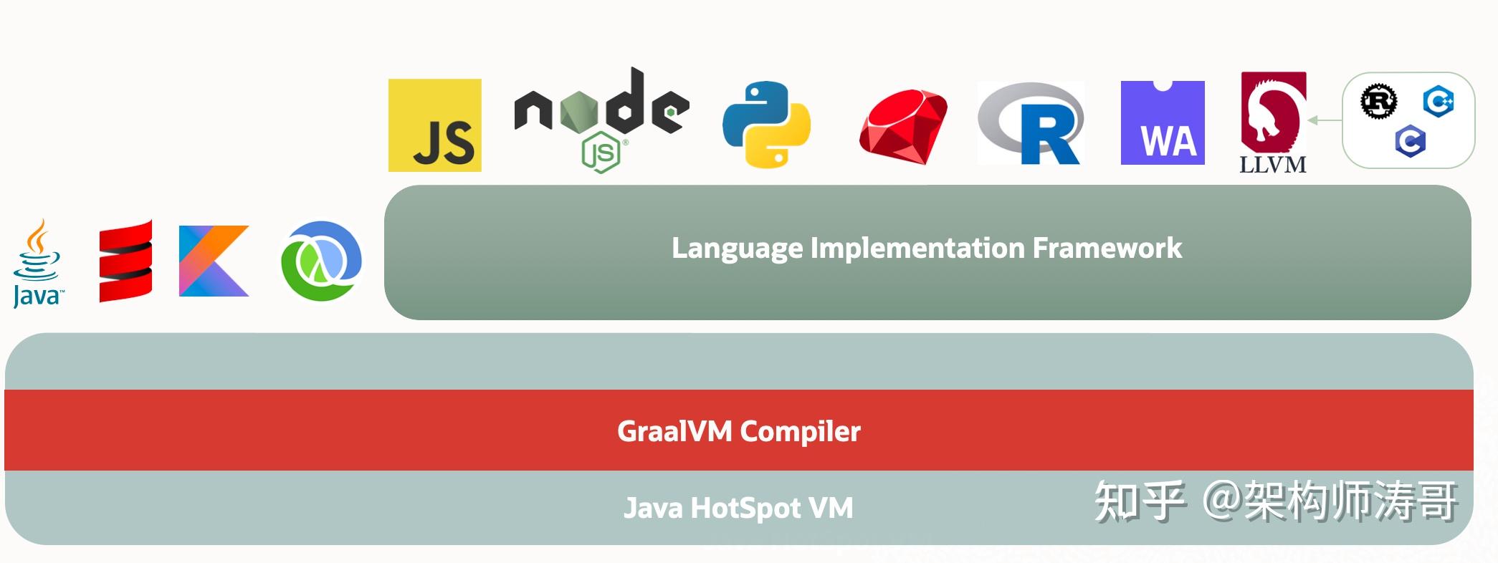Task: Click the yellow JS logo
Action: coord(434,125)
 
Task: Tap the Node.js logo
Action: coord(601,119)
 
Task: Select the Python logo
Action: coord(766,124)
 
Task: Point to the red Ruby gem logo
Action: coord(903,127)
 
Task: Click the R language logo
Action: coord(1031,124)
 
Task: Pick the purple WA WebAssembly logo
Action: coord(1163,123)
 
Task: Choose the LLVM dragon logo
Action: coord(1273,122)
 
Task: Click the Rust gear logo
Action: coord(1378,101)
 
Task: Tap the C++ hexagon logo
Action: coord(1438,101)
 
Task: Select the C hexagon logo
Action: coord(1410,141)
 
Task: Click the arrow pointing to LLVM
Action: coord(1325,120)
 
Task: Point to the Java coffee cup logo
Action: coord(37,263)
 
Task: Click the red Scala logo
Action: coord(125,261)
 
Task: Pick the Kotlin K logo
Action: coord(214,261)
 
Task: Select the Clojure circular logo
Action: coord(321,261)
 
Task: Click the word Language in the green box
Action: coord(737,249)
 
